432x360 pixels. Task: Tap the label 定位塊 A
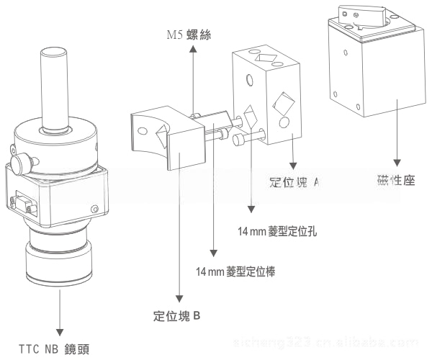point(294,182)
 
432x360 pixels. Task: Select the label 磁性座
point(396,180)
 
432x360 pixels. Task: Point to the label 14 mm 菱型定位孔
point(277,232)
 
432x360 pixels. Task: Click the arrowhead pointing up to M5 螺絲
point(192,48)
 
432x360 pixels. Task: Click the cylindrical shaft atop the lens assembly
point(55,86)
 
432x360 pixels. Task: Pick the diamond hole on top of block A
point(268,58)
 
